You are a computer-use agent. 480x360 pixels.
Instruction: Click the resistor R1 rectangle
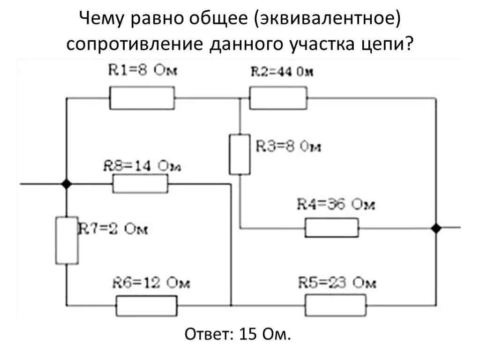(x=142, y=98)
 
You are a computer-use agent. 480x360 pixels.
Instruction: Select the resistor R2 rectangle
(x=278, y=98)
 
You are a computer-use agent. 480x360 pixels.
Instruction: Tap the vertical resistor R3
(x=240, y=154)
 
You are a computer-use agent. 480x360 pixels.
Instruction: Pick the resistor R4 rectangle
(x=332, y=228)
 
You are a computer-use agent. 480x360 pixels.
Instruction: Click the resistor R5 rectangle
(x=335, y=305)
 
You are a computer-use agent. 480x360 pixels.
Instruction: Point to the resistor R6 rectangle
(x=147, y=306)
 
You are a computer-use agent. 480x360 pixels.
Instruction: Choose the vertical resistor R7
(x=67, y=240)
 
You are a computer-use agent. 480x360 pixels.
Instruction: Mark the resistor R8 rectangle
(x=140, y=184)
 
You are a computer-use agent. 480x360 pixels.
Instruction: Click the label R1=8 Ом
(x=143, y=71)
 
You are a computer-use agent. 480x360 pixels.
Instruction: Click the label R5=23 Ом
(x=337, y=283)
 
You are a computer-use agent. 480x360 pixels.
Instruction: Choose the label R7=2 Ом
(x=113, y=229)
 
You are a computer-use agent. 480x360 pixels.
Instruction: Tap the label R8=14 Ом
(x=142, y=166)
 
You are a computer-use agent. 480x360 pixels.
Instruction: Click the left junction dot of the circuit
(x=67, y=184)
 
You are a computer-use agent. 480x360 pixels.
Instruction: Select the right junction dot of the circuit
(x=436, y=228)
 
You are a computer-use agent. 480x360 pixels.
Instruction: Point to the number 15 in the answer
(x=247, y=335)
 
